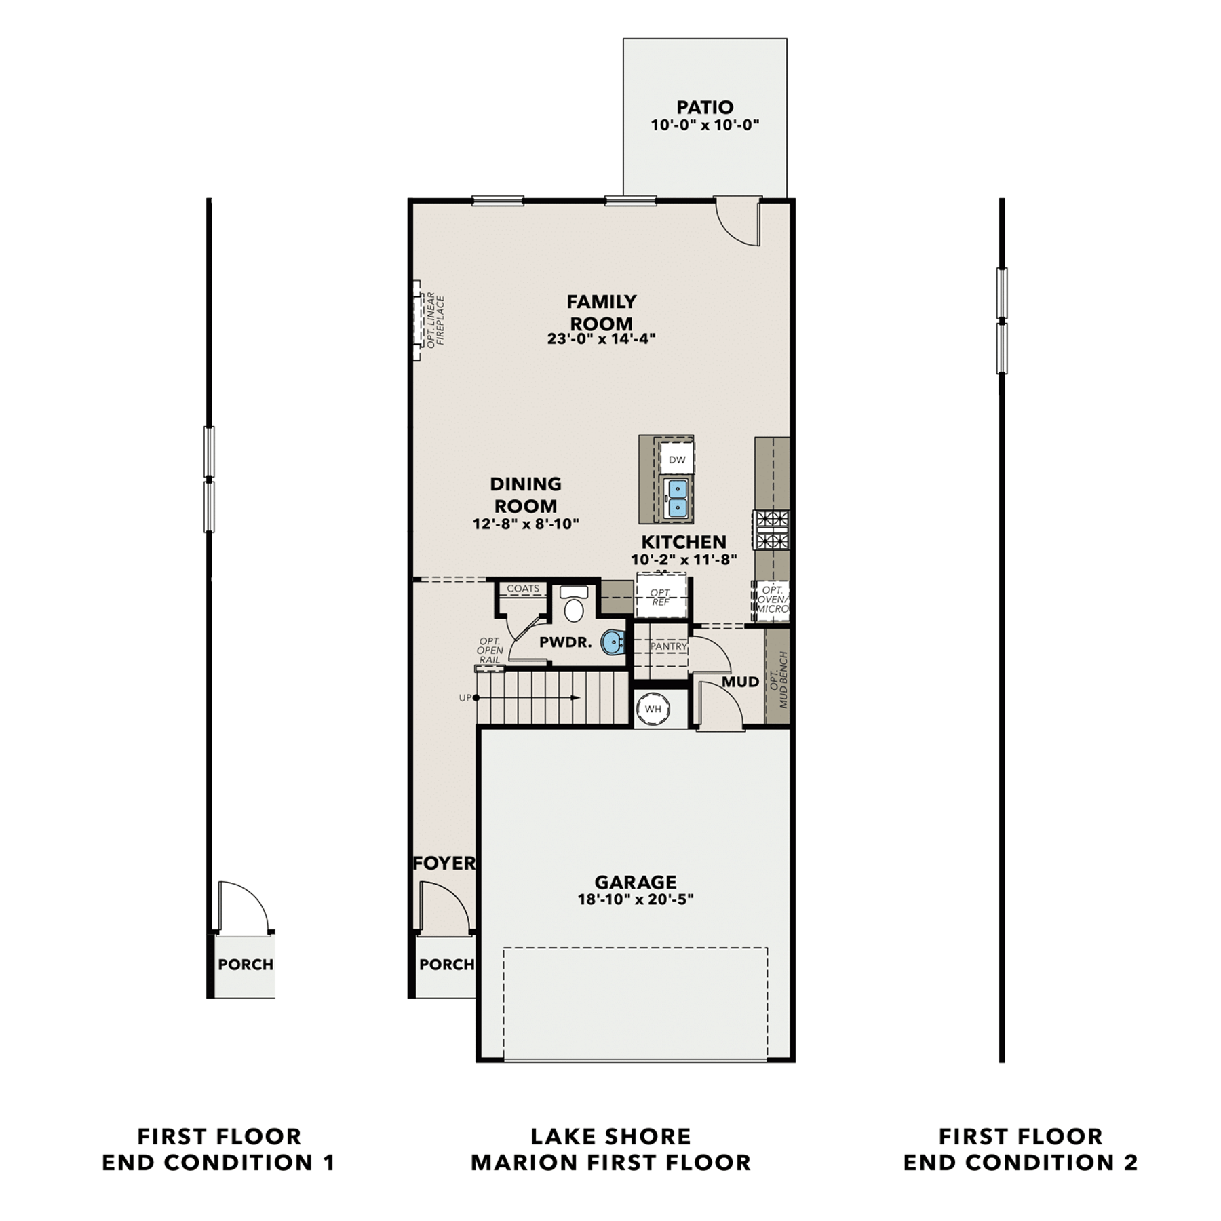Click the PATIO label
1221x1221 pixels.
pos(705,107)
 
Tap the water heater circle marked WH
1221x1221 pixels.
pos(653,709)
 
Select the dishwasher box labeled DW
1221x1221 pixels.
pos(677,459)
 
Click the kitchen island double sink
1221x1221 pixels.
pos(677,498)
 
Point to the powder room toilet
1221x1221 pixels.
pos(574,604)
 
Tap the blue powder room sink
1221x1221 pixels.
pos(614,642)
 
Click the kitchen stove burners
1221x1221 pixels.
pos(772,530)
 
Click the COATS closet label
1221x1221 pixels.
pos(523,588)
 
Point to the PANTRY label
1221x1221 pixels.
pos(669,646)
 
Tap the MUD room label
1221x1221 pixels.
pos(740,682)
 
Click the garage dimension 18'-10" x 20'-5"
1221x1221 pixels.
pos(636,899)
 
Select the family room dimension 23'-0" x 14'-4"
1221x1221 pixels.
pos(602,338)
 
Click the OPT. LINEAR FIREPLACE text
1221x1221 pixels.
pos(435,320)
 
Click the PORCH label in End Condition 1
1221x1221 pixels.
pos(246,964)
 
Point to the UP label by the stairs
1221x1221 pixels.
pos(465,697)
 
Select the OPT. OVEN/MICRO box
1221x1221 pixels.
pos(772,600)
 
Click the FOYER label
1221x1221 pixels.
pos(444,863)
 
